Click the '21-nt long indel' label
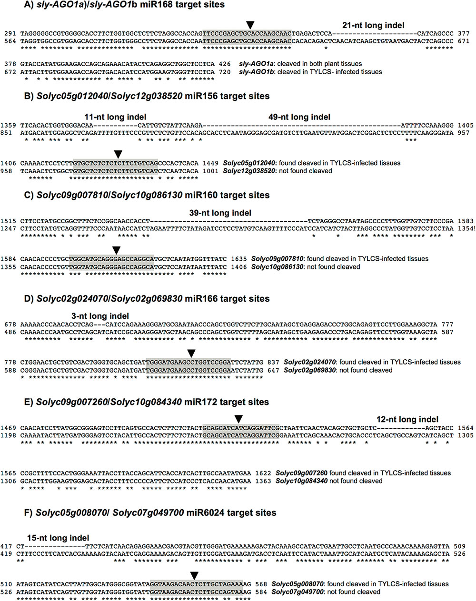click(x=373, y=25)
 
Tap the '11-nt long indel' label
click(x=115, y=117)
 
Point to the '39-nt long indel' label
click(x=220, y=213)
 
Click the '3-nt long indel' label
click(x=100, y=316)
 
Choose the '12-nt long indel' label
click(x=407, y=419)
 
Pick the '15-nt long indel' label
click(x=58, y=538)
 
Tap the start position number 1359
click(x=9, y=126)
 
